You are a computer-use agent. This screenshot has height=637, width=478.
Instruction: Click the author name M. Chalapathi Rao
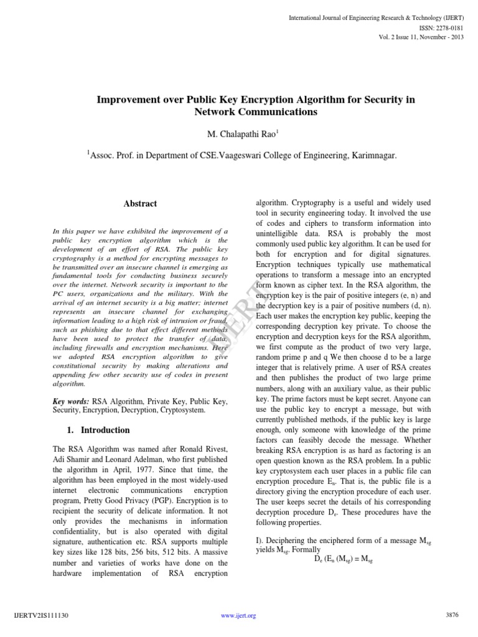238,135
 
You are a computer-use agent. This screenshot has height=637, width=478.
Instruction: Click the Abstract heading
140,203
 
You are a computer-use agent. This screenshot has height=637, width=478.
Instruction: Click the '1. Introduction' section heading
98,430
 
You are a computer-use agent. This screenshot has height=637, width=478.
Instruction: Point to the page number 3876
452,615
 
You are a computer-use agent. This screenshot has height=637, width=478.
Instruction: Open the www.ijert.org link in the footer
238,616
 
